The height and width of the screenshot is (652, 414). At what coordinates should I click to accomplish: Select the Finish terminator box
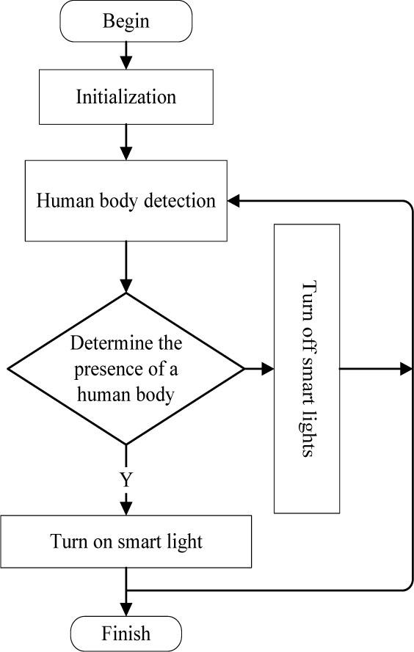tap(126, 632)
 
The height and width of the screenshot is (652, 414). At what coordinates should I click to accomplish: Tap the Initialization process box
tap(126, 97)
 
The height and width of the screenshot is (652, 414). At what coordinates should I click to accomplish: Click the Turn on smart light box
tap(126, 542)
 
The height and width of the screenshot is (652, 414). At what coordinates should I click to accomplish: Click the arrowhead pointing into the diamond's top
tap(126, 285)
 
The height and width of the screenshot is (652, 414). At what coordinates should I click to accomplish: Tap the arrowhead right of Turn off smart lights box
tap(405, 369)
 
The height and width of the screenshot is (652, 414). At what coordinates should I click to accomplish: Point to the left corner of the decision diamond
tap(9, 369)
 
